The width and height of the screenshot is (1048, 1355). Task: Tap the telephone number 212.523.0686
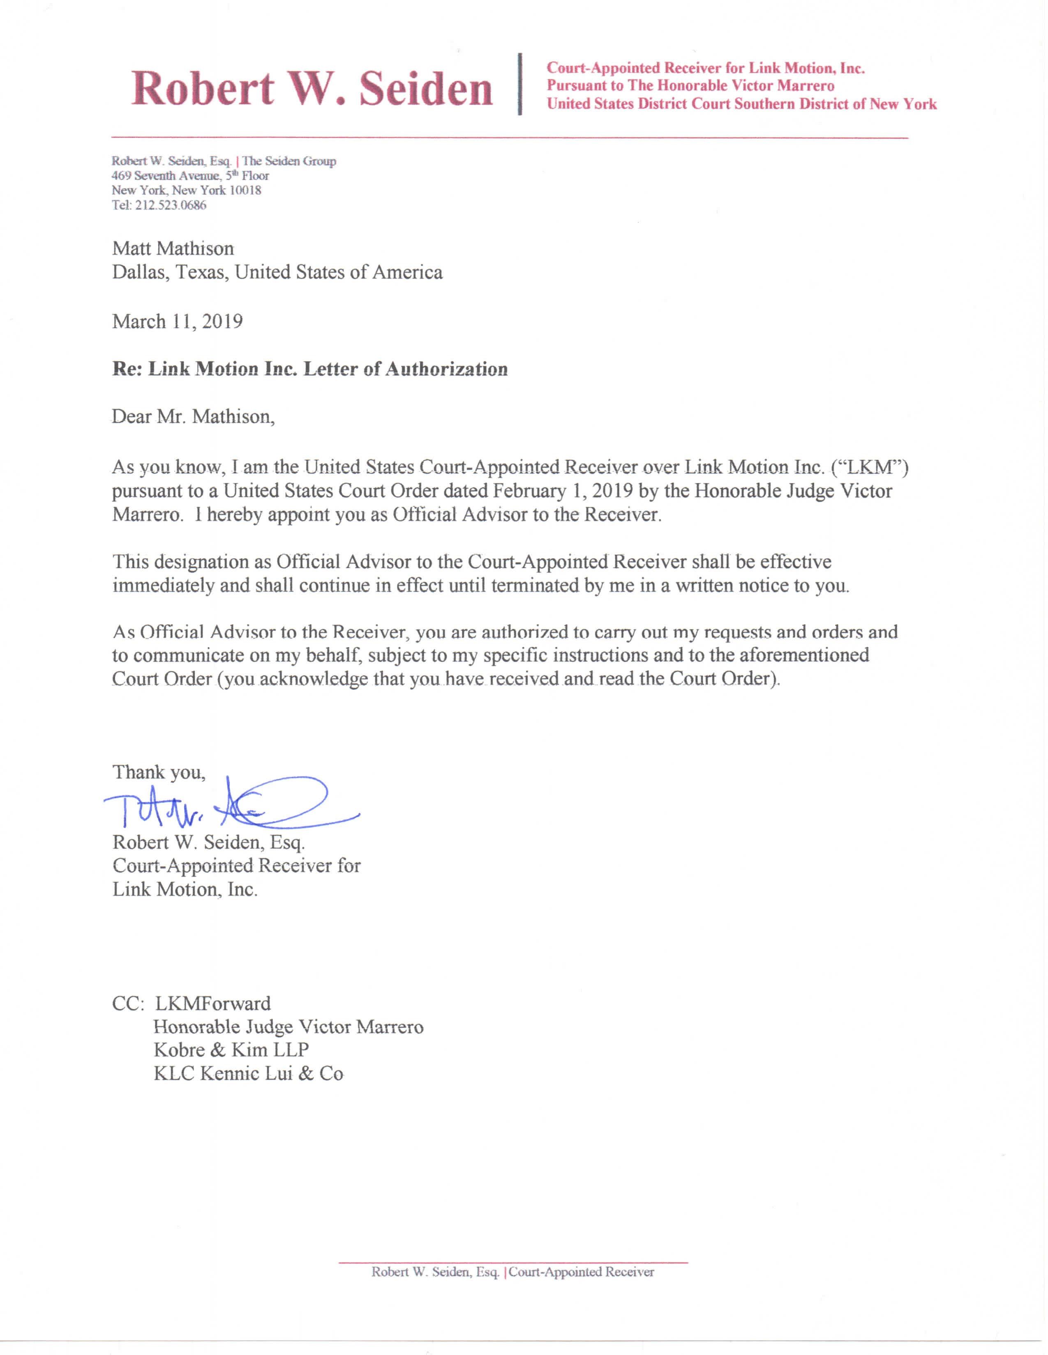click(x=170, y=205)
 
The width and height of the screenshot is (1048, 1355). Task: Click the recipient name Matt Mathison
click(x=173, y=249)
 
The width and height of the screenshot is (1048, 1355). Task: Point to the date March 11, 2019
click(x=178, y=322)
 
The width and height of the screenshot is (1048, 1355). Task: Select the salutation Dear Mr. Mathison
click(x=193, y=416)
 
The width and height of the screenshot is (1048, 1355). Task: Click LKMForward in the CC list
click(x=212, y=1004)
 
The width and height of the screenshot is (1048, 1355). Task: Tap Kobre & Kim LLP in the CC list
click(x=231, y=1050)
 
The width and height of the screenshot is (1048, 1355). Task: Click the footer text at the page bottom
click(x=513, y=1272)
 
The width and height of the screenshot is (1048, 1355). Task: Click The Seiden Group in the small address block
click(x=289, y=161)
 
